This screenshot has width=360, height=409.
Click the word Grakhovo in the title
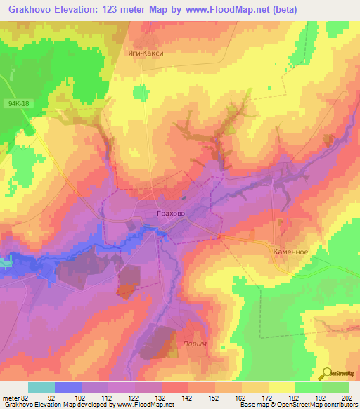pos(36,10)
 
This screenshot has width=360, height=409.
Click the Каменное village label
pos(290,250)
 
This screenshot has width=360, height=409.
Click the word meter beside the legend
pos(13,397)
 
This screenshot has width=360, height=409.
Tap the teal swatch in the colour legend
pos(41,387)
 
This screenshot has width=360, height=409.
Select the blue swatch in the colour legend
pos(68,387)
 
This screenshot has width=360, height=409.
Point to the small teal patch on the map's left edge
pos(5,263)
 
